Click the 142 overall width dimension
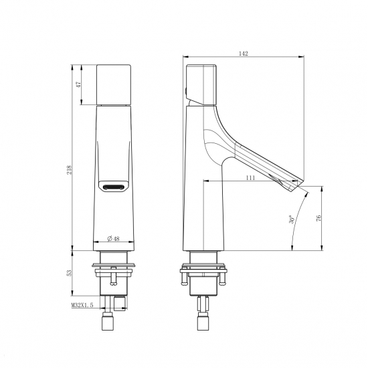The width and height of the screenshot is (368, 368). click(243, 54)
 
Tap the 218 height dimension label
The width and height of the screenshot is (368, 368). click(69, 170)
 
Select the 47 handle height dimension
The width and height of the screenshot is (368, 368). click(79, 84)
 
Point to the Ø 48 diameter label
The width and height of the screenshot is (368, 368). click(114, 239)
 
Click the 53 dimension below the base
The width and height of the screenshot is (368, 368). click(69, 273)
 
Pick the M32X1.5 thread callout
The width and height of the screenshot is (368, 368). click(82, 305)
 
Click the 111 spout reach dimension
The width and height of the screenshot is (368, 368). click(250, 178)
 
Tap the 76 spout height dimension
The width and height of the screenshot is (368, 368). click(318, 218)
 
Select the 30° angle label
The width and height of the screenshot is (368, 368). click(292, 219)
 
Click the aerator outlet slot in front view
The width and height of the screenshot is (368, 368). click(113, 187)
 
